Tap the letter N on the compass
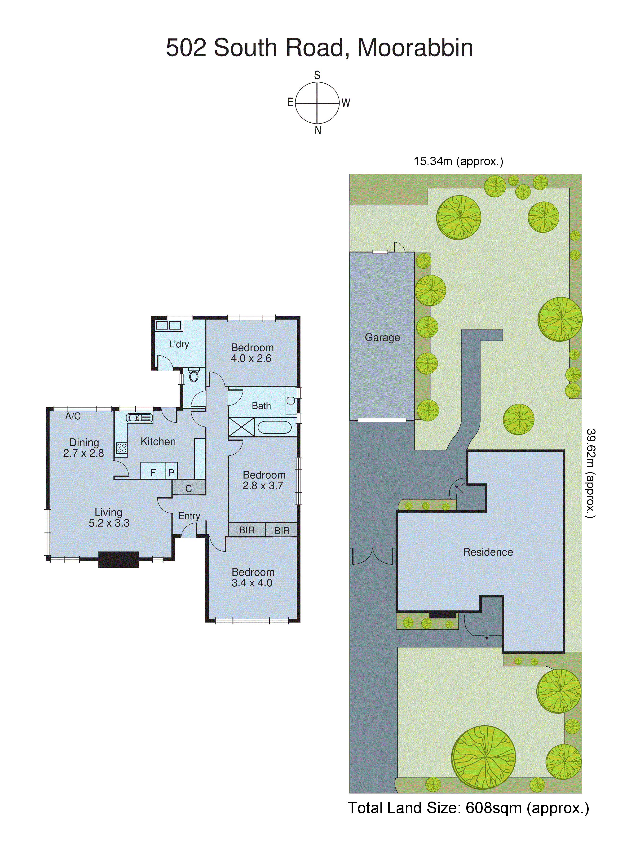coord(318,131)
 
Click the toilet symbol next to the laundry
coord(194,376)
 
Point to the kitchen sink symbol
coord(139,417)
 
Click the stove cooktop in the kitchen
coord(121,448)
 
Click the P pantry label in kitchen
coord(171,473)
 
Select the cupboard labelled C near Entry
coord(189,488)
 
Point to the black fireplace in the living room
coord(119,559)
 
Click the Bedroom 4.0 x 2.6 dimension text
coord(251,358)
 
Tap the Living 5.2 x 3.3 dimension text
coord(109,523)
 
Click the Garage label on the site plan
coord(382,337)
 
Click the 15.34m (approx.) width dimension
coord(458,161)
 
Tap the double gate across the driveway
coord(373,556)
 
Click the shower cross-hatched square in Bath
coord(241,427)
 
